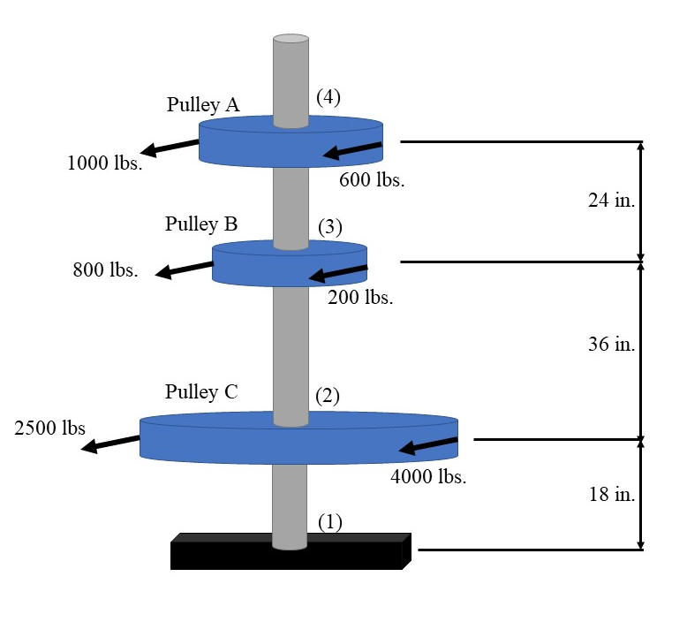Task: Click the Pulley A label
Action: pyautogui.click(x=202, y=105)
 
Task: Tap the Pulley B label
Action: pyautogui.click(x=201, y=224)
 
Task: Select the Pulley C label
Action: pyautogui.click(x=201, y=392)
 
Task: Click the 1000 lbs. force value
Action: pyautogui.click(x=104, y=163)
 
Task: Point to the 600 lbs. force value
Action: pyautogui.click(x=372, y=181)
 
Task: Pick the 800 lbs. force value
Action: pyautogui.click(x=105, y=270)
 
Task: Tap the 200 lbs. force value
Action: pyautogui.click(x=360, y=298)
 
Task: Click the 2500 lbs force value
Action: pyautogui.click(x=50, y=429)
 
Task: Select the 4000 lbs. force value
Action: pyautogui.click(x=428, y=478)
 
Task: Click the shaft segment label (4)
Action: pyautogui.click(x=328, y=98)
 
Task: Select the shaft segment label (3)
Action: pyautogui.click(x=329, y=227)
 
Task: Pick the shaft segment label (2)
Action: pyautogui.click(x=327, y=395)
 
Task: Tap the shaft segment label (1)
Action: pyautogui.click(x=329, y=522)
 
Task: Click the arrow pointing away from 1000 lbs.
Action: pyautogui.click(x=170, y=148)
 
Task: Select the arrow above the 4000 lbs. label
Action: pyautogui.click(x=428, y=446)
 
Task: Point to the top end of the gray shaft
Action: pyautogui.click(x=291, y=40)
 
